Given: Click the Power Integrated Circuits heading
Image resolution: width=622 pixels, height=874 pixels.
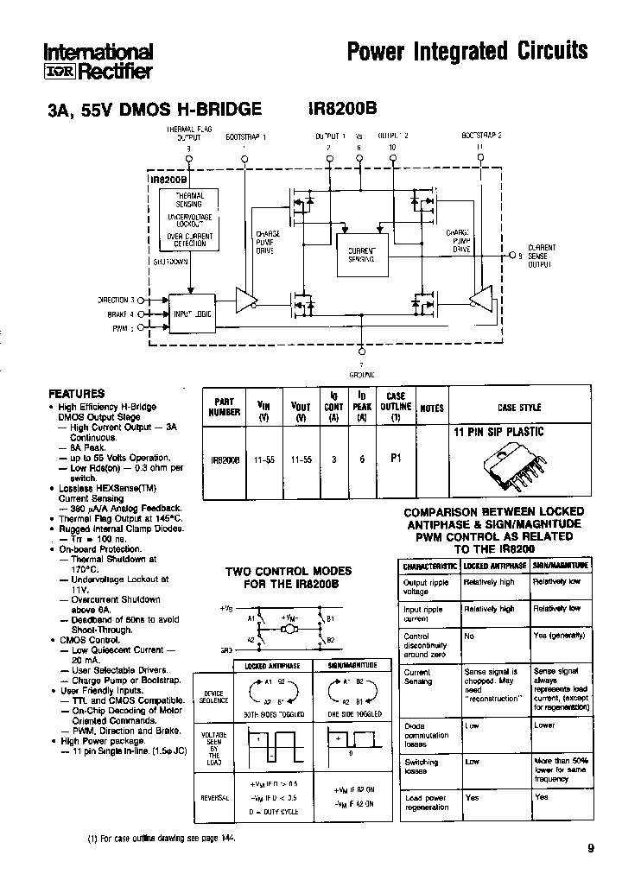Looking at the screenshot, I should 466,51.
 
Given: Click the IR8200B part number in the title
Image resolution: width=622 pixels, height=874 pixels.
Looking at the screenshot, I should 342,110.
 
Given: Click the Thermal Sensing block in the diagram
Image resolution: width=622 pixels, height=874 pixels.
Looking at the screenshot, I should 189,200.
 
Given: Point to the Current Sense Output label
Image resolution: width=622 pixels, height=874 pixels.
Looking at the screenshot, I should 540,255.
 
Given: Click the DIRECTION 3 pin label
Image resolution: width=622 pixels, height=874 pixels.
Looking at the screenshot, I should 115,300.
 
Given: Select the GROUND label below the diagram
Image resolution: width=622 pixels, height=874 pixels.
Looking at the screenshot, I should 361,375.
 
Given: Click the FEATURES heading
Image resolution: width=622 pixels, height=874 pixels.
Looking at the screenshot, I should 77,393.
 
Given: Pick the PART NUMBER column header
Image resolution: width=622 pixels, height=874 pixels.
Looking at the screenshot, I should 225,407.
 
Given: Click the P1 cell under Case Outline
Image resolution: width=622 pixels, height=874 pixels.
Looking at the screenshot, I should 396,459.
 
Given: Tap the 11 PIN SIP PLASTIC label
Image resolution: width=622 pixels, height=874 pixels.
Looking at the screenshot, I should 498,432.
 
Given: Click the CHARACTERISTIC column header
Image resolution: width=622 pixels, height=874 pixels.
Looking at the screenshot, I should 429,566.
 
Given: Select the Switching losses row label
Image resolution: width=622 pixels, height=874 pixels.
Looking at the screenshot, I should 422,767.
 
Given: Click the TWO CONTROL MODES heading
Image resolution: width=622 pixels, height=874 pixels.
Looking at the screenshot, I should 289,577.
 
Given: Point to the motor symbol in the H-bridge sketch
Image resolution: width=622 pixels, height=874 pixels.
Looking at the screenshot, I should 290,629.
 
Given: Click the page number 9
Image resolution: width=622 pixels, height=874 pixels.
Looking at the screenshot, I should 591,848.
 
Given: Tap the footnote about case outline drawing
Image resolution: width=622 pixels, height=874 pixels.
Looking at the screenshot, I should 162,839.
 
